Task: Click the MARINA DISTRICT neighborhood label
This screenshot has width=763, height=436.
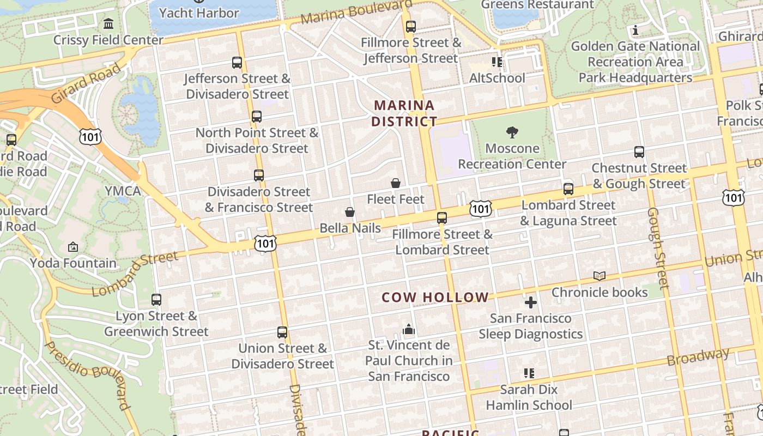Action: click(404, 113)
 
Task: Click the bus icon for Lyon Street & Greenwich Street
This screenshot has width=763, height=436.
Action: click(156, 299)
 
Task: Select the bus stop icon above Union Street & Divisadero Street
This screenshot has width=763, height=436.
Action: click(282, 332)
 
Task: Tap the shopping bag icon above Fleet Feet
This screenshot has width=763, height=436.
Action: click(396, 183)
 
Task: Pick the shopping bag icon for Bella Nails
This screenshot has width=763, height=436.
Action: click(350, 211)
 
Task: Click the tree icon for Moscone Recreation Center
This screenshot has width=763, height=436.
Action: click(512, 132)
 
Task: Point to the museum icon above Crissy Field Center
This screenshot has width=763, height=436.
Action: click(108, 24)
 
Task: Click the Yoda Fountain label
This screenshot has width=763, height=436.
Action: click(73, 263)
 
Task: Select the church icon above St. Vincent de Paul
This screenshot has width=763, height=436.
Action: click(409, 329)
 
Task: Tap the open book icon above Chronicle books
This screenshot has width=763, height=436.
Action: click(599, 276)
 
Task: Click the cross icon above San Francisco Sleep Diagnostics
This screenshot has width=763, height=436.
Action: click(530, 302)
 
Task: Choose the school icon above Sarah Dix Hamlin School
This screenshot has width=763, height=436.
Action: click(529, 373)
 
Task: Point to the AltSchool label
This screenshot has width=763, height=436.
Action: click(497, 78)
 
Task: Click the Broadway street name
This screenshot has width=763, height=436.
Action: click(698, 357)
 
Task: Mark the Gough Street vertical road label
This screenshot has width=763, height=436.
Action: click(657, 248)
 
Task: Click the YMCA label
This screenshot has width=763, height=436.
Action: click(123, 191)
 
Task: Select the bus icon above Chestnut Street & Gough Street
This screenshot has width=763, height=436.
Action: click(639, 152)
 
